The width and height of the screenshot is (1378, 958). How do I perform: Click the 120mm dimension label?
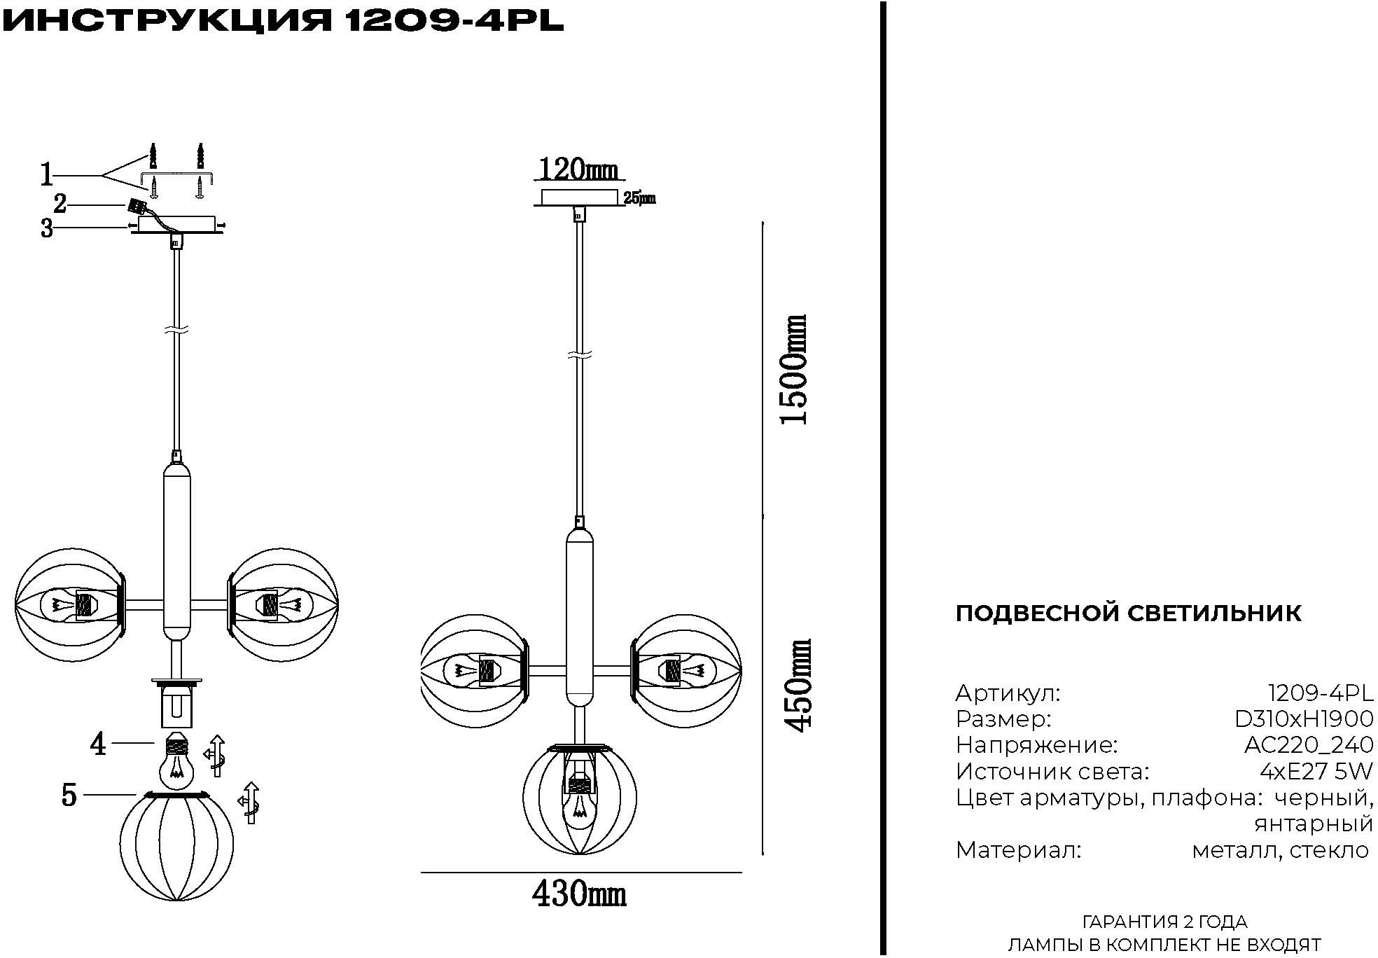[x=578, y=170]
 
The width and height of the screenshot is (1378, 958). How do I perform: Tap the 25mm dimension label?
[x=639, y=198]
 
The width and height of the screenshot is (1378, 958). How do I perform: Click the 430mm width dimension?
[x=579, y=894]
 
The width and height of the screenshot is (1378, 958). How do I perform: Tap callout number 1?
[x=47, y=175]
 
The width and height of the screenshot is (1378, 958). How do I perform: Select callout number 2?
[x=60, y=204]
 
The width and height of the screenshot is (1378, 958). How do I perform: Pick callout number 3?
[x=47, y=228]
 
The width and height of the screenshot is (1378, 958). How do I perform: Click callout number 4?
[x=98, y=744]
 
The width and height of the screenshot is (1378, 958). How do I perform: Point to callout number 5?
[x=69, y=796]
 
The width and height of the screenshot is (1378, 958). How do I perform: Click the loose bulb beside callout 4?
[x=176, y=761]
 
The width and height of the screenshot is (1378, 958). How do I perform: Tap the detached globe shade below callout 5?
[x=176, y=847]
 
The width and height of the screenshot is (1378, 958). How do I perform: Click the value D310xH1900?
[x=1303, y=718]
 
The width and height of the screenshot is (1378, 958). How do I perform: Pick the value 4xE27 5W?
[x=1316, y=771]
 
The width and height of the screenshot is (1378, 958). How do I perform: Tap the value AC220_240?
[x=1308, y=744]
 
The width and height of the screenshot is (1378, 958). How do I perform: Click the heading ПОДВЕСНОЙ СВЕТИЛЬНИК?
[x=1128, y=613]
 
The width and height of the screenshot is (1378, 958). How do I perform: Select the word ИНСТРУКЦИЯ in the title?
[x=167, y=22]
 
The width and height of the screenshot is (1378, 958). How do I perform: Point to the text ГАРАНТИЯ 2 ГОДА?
[x=1164, y=922]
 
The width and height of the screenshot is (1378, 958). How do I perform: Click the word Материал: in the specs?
[x=1018, y=850]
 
